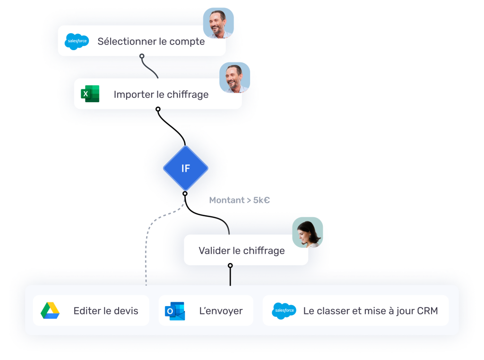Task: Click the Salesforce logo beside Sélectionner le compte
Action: (77, 42)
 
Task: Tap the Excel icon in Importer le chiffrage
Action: (90, 94)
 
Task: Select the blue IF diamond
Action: (185, 168)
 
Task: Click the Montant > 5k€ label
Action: (240, 200)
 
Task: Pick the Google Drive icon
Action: (50, 311)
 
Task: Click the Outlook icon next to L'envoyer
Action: (174, 311)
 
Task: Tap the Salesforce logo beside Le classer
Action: (284, 311)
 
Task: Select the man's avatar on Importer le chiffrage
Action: (235, 78)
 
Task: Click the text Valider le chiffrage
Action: (242, 251)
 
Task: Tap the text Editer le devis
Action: (106, 311)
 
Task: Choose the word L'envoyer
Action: (221, 311)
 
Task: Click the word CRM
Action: (427, 311)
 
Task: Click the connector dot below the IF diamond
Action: (185, 193)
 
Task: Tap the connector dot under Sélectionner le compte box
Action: (142, 56)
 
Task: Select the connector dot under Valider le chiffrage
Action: (230, 266)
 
